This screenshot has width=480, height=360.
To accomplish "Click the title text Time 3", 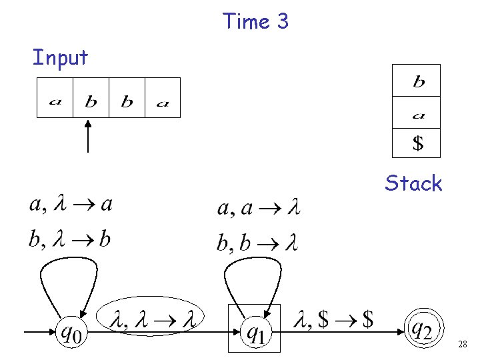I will [x=256, y=21].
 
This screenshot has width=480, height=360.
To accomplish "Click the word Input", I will [x=60, y=58].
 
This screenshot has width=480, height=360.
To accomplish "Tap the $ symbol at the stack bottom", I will [x=417, y=143].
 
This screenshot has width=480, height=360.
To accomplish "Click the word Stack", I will [x=413, y=183].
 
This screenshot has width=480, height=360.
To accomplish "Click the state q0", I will [x=71, y=331].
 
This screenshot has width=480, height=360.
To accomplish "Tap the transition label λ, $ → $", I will [x=333, y=320].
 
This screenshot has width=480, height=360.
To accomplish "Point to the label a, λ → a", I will [x=70, y=204].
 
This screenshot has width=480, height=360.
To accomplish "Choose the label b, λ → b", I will [x=70, y=239].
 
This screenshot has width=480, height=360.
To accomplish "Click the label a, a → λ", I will [x=259, y=209].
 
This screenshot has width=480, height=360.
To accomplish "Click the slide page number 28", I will [x=463, y=344].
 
